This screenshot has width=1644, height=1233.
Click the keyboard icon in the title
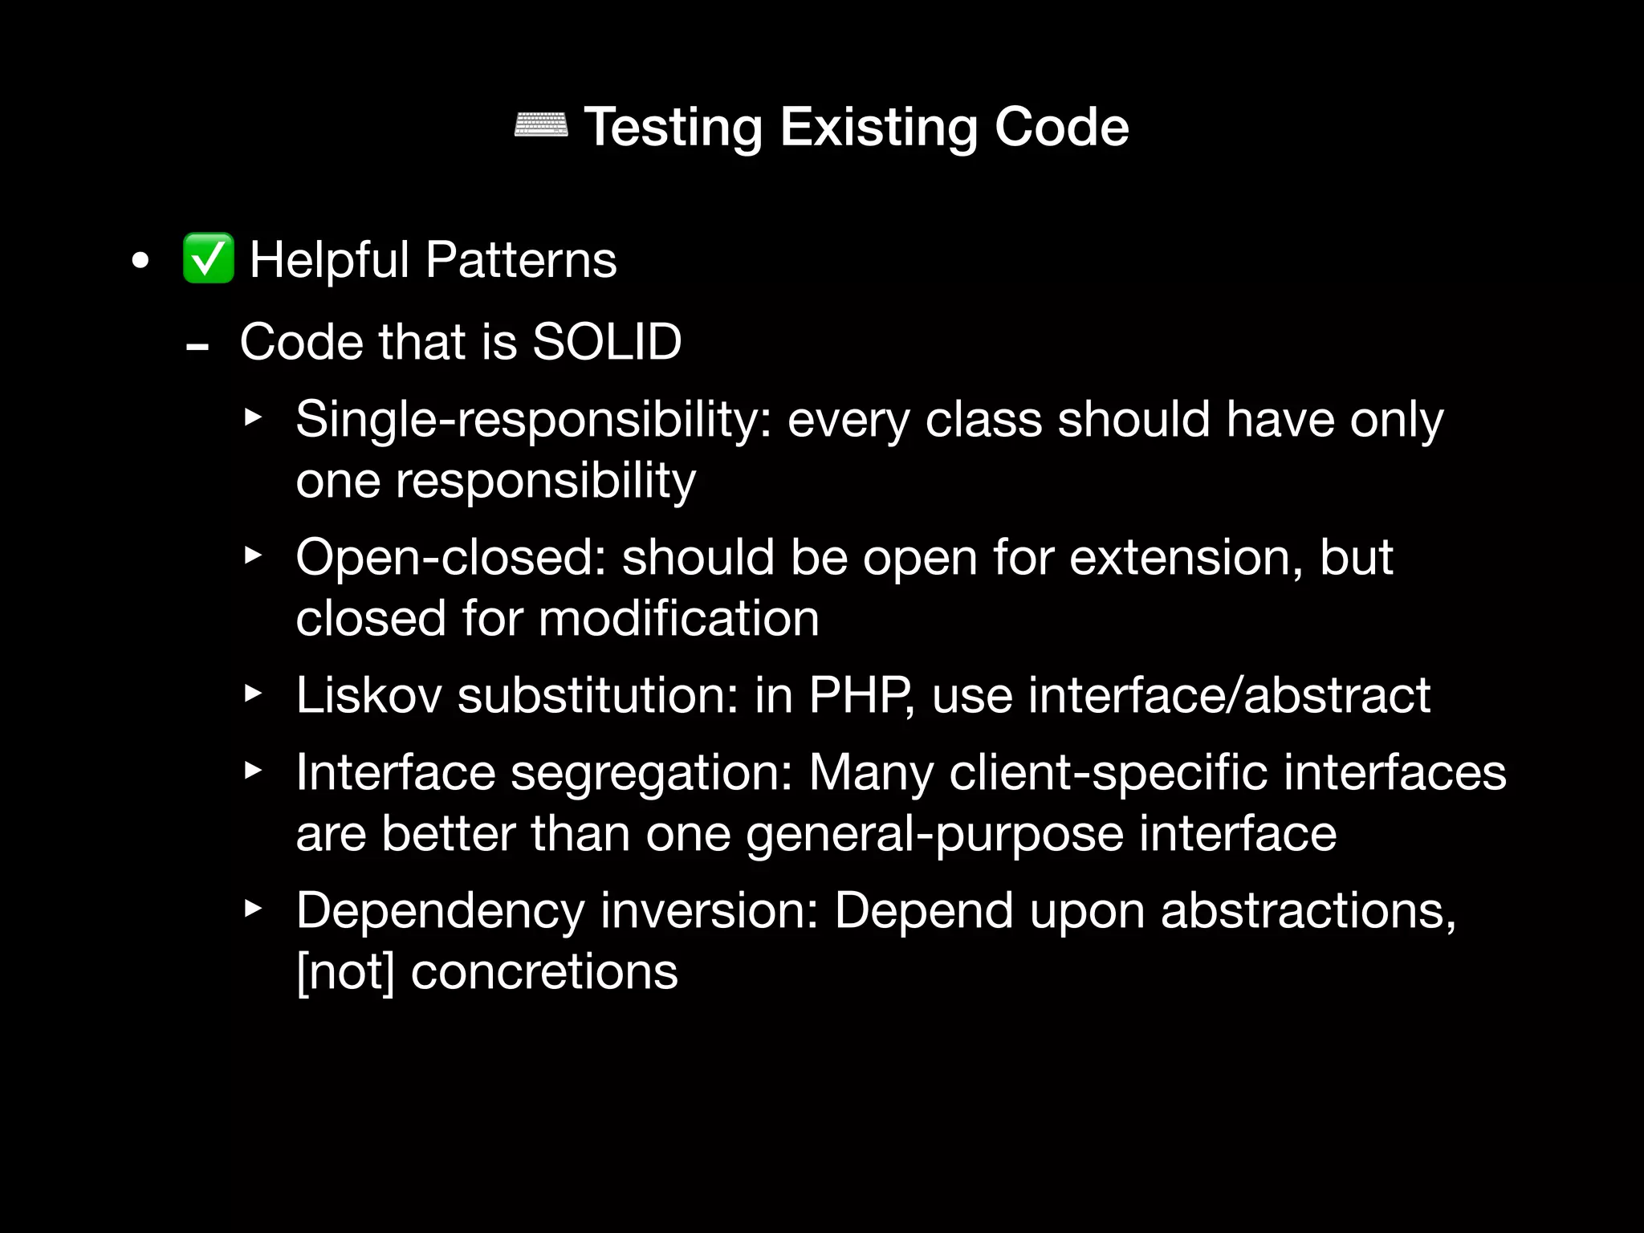coord(540,126)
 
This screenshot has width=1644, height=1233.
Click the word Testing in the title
coord(673,128)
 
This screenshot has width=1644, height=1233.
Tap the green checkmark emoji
coord(208,258)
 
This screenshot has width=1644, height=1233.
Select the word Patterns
coord(521,260)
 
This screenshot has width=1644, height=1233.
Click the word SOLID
coord(607,342)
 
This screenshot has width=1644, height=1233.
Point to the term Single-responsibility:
coord(534,420)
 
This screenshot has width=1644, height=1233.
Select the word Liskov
coord(368,694)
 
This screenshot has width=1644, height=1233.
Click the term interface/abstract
coord(1229,694)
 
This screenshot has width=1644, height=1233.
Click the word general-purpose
coord(934,833)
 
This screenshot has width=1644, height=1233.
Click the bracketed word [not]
coord(345,972)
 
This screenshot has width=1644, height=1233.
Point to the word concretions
coord(544,972)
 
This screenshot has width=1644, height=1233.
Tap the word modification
coord(678,618)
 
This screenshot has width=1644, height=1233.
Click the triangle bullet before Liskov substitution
coord(253,694)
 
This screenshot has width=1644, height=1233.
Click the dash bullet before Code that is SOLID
coord(197,348)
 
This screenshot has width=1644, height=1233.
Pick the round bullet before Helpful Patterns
coord(140,261)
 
